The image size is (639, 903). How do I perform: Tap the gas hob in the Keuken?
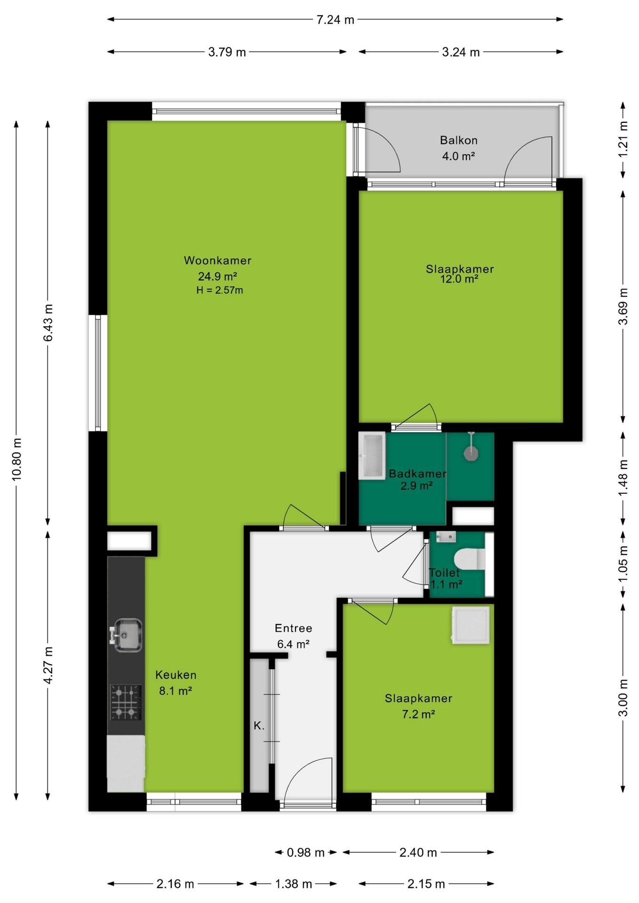126,702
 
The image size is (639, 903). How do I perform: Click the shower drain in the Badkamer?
471,453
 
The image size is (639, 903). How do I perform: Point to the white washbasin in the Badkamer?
372,456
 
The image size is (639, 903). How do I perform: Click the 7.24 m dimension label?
335,20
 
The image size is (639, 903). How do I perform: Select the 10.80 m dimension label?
16,459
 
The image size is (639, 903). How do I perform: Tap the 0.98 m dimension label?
306,852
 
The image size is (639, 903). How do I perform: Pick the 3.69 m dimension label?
623,307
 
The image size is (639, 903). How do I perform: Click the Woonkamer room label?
217,261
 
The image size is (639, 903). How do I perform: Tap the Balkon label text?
459,140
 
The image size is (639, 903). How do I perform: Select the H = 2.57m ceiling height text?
220,290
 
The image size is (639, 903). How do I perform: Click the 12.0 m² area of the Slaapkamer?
459,279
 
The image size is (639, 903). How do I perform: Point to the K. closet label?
259,726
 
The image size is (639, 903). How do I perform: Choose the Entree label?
294,628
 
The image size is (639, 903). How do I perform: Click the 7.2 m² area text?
418,714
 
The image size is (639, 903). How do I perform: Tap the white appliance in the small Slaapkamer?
471,625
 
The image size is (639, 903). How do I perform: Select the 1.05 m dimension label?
623,563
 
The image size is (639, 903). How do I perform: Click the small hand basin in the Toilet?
446,537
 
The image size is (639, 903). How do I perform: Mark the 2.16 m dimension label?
175,884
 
